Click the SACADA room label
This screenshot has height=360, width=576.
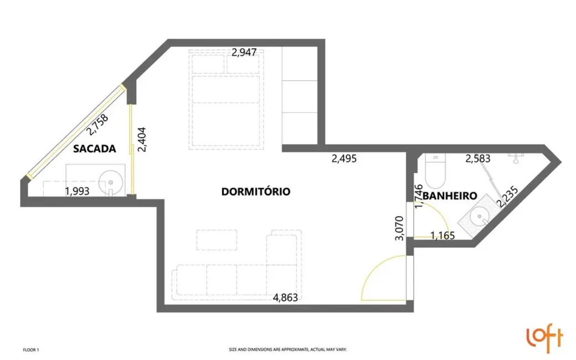(x=94, y=148)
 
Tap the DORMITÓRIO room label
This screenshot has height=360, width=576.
(x=255, y=192)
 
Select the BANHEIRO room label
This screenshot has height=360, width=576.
(x=450, y=196)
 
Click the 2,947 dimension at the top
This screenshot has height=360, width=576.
(x=244, y=53)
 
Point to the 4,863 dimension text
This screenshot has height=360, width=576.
(x=285, y=297)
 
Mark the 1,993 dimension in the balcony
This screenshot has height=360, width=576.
(x=77, y=192)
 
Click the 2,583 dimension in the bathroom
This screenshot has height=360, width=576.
(x=477, y=160)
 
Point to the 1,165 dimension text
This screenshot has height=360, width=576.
(x=442, y=235)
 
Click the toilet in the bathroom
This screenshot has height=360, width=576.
(x=434, y=170)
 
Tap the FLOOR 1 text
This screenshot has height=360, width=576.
(x=31, y=350)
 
